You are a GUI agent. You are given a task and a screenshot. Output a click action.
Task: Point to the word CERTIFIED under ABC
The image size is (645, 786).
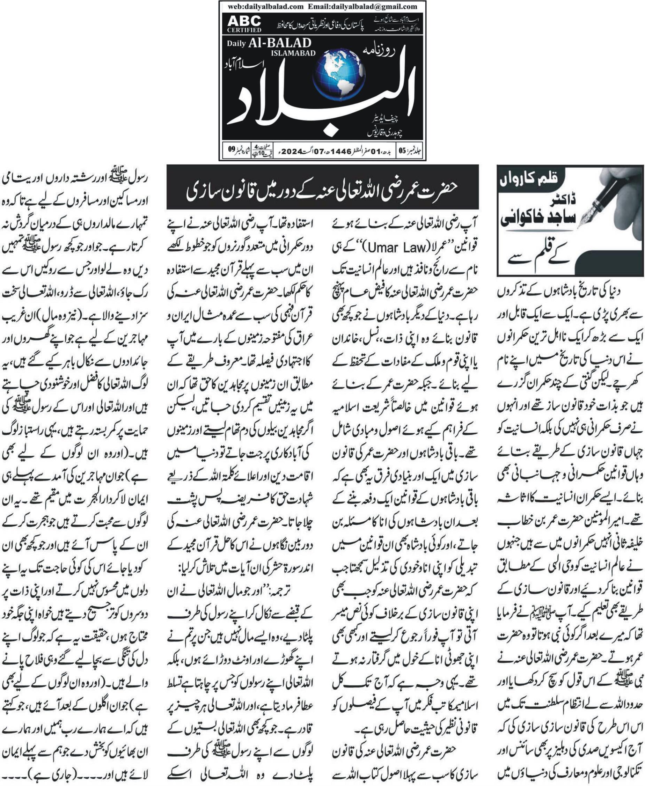[244, 30]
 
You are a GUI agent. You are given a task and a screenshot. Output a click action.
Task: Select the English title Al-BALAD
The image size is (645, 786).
[280, 43]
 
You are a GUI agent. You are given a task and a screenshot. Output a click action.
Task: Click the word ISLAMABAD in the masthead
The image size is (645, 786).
[294, 53]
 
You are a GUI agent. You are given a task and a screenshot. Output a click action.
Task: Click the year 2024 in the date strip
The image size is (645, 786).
[292, 152]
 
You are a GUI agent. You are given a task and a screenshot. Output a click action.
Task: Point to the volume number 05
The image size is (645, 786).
[402, 151]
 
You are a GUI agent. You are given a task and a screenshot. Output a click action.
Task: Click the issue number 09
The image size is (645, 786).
[232, 149]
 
